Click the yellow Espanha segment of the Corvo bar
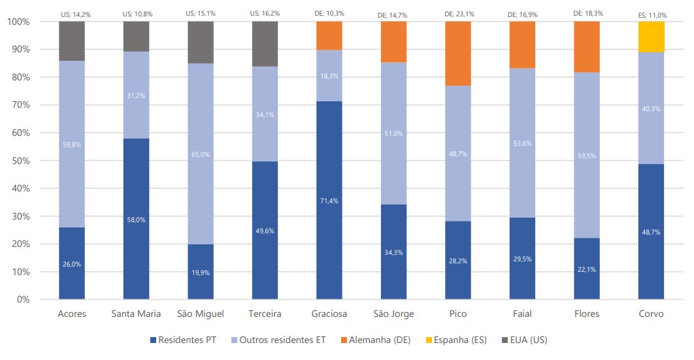pos(651,37)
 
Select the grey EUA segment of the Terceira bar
pos(265,44)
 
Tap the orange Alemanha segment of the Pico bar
pos(458,54)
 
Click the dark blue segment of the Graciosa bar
pos(329,200)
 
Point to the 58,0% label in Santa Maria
pos(136,220)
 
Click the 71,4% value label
pos(329,201)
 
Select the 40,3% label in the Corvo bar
pos(651,108)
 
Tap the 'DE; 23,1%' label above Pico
pos(458,13)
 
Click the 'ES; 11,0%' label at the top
pos(651,13)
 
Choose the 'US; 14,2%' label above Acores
pos(72,13)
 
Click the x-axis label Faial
pos(522,314)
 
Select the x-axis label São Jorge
pos(394,314)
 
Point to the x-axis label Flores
pos(587,314)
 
